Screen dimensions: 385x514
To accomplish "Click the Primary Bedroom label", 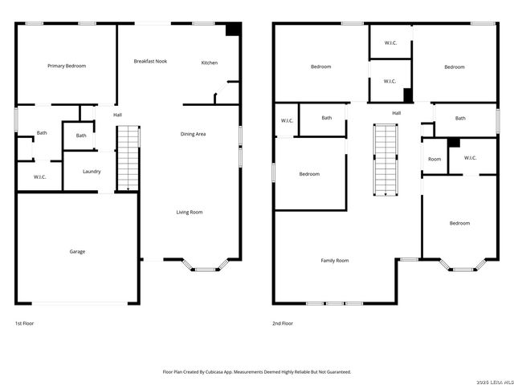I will [x=67, y=66].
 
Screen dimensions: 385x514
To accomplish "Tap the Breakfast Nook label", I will [x=150, y=61].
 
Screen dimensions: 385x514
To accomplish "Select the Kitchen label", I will [x=209, y=63].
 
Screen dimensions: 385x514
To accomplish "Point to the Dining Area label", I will [x=193, y=134].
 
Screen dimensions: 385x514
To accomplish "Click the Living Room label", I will [x=190, y=212].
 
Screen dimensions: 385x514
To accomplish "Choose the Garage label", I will [x=77, y=251].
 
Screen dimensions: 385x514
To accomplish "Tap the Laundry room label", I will [x=92, y=171].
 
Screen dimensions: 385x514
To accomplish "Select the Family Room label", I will [x=335, y=260].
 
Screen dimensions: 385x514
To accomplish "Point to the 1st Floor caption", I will [x=24, y=323].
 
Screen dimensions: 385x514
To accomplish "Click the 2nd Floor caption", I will [x=283, y=323].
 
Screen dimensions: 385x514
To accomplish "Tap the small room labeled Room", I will [x=434, y=159].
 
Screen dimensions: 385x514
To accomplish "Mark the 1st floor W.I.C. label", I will [x=40, y=176].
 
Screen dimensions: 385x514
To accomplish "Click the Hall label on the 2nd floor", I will [x=397, y=113].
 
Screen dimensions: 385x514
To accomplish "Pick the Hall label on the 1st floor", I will [x=117, y=115].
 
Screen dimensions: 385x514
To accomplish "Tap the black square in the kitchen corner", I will [x=233, y=29].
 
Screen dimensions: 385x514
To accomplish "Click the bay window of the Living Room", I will [x=206, y=267].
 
